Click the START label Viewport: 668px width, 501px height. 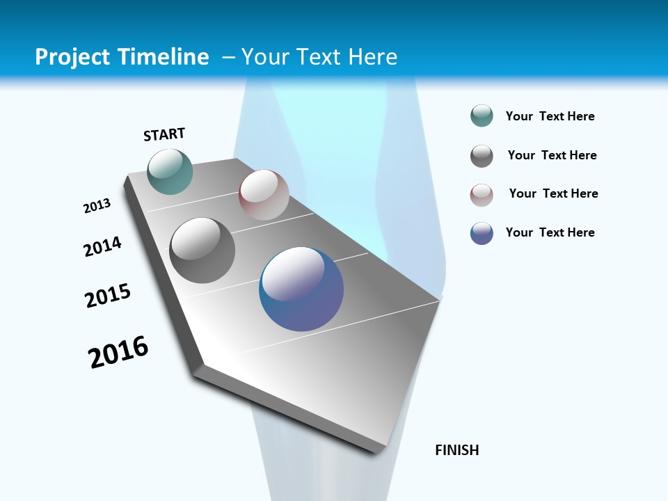coord(164,134)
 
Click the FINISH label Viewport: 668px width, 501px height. coord(456,450)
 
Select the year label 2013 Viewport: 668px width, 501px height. coord(97,206)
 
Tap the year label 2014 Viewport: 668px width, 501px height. coord(102,246)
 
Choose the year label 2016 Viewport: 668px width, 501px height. coord(118,352)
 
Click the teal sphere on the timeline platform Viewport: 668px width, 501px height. coord(170,171)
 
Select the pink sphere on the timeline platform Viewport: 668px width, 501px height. coord(264,195)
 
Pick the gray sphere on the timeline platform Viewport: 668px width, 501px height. coord(202,250)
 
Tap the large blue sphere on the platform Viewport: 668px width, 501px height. coord(301,289)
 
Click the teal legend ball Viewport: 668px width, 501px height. coord(482,116)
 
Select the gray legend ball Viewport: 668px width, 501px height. coord(482,156)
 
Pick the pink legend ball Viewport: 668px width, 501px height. coord(482,195)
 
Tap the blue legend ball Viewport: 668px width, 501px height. coord(482,233)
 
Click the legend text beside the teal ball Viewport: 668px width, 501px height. coord(550,116)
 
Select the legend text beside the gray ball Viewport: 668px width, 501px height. coord(552,155)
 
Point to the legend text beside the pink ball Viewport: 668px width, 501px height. coord(553,193)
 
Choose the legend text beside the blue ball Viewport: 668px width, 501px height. coord(550,232)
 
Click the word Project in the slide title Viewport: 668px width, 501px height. coord(72,57)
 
